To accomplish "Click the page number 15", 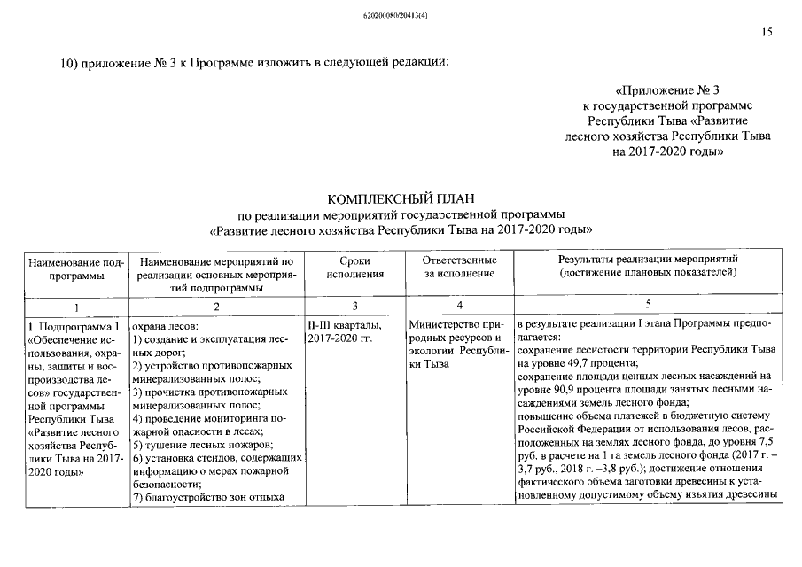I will [x=767, y=32].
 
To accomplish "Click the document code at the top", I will [x=401, y=15].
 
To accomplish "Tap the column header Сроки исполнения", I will [x=354, y=267].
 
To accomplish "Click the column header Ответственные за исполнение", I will [x=458, y=267].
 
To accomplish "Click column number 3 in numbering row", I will [x=354, y=306].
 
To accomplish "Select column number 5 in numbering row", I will [x=648, y=306].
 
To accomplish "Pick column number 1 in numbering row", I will [x=75, y=306].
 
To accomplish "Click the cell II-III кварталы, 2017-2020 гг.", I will [x=345, y=331].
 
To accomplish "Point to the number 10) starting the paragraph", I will [x=69, y=62].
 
